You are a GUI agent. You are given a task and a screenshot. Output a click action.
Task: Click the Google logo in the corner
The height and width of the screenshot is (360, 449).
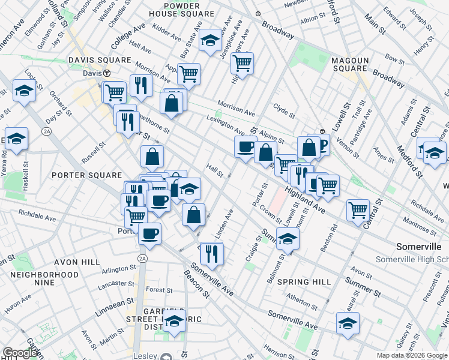click(x=20, y=353)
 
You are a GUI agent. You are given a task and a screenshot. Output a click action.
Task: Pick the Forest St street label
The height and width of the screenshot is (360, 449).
click(x=158, y=290)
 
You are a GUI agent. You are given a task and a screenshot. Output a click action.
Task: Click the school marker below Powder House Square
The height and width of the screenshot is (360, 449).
click(x=210, y=40)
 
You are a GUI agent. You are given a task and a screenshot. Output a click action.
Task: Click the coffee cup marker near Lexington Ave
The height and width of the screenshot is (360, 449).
click(x=245, y=146)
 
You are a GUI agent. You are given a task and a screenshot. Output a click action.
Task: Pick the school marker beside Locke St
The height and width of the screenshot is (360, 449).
click(x=23, y=91)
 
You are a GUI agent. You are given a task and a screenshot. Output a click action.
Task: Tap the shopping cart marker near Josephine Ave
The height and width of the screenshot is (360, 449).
click(x=243, y=63)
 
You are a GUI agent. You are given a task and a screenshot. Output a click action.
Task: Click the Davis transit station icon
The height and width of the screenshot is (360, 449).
click(x=106, y=73)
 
